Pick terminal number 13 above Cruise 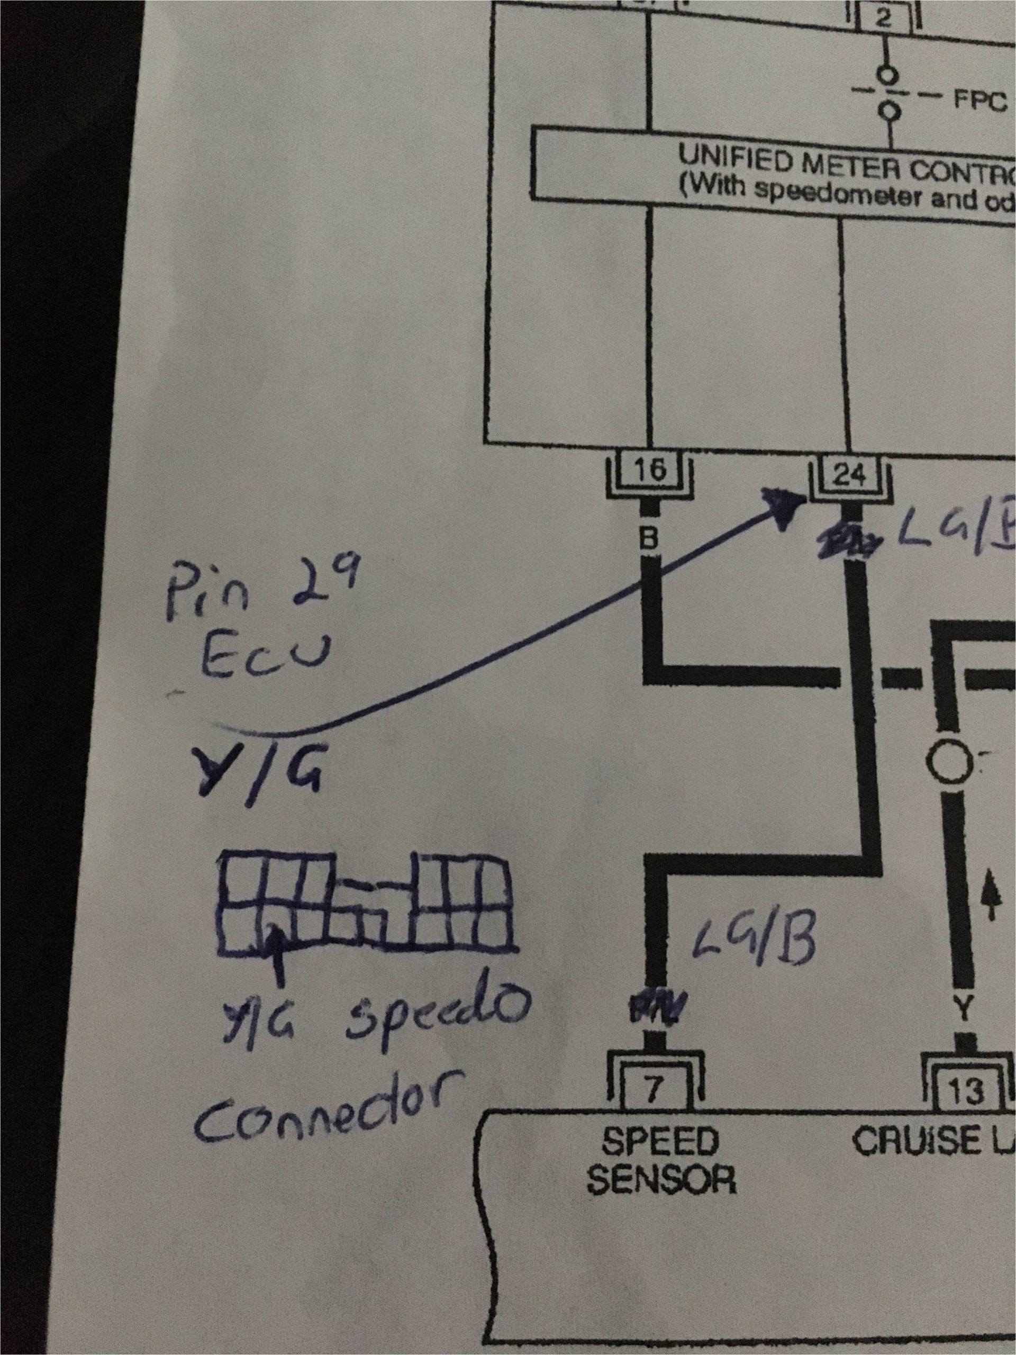(966, 1089)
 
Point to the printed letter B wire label (649, 539)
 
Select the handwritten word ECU (265, 657)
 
